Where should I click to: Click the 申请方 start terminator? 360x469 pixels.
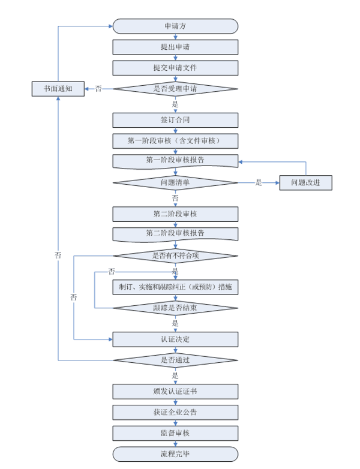coord(175,26)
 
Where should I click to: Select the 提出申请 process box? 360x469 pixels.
coord(175,47)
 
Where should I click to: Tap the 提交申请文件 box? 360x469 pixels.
coord(175,68)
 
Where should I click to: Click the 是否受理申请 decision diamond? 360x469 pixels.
coord(175,89)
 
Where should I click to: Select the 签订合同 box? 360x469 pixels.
coord(175,120)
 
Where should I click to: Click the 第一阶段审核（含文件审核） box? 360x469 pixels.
coord(175,141)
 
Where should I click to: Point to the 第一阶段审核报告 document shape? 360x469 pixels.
coord(175,161)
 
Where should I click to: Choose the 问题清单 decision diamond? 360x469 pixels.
coord(175,182)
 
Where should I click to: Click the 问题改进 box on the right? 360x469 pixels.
coord(306,182)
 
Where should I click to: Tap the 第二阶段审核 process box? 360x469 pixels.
coord(175,214)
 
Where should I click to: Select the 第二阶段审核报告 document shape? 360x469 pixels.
coord(175,233)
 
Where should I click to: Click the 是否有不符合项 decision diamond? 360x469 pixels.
coord(175,256)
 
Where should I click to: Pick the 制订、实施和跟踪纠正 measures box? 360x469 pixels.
coord(175,287)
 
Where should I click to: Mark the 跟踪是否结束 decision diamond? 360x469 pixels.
coord(175,308)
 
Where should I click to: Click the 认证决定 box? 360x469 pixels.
coord(175,339)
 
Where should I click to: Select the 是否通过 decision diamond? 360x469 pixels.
coord(175,360)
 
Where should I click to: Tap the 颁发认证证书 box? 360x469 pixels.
coord(175,392)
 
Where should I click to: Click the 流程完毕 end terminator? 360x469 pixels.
coord(175,453)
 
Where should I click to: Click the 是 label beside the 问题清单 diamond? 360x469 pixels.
coord(259,182)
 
